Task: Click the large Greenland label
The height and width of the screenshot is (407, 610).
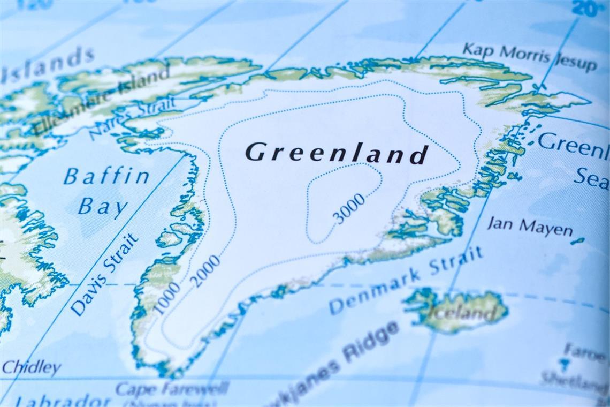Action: tap(337, 153)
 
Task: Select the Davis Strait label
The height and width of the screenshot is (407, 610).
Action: tap(104, 274)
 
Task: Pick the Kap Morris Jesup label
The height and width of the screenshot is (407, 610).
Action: tap(529, 57)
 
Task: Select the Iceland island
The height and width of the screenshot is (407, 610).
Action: tap(457, 310)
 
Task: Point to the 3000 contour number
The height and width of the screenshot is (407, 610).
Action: tap(348, 208)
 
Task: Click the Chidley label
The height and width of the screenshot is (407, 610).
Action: tap(31, 367)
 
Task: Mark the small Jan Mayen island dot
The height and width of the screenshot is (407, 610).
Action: tap(577, 241)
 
